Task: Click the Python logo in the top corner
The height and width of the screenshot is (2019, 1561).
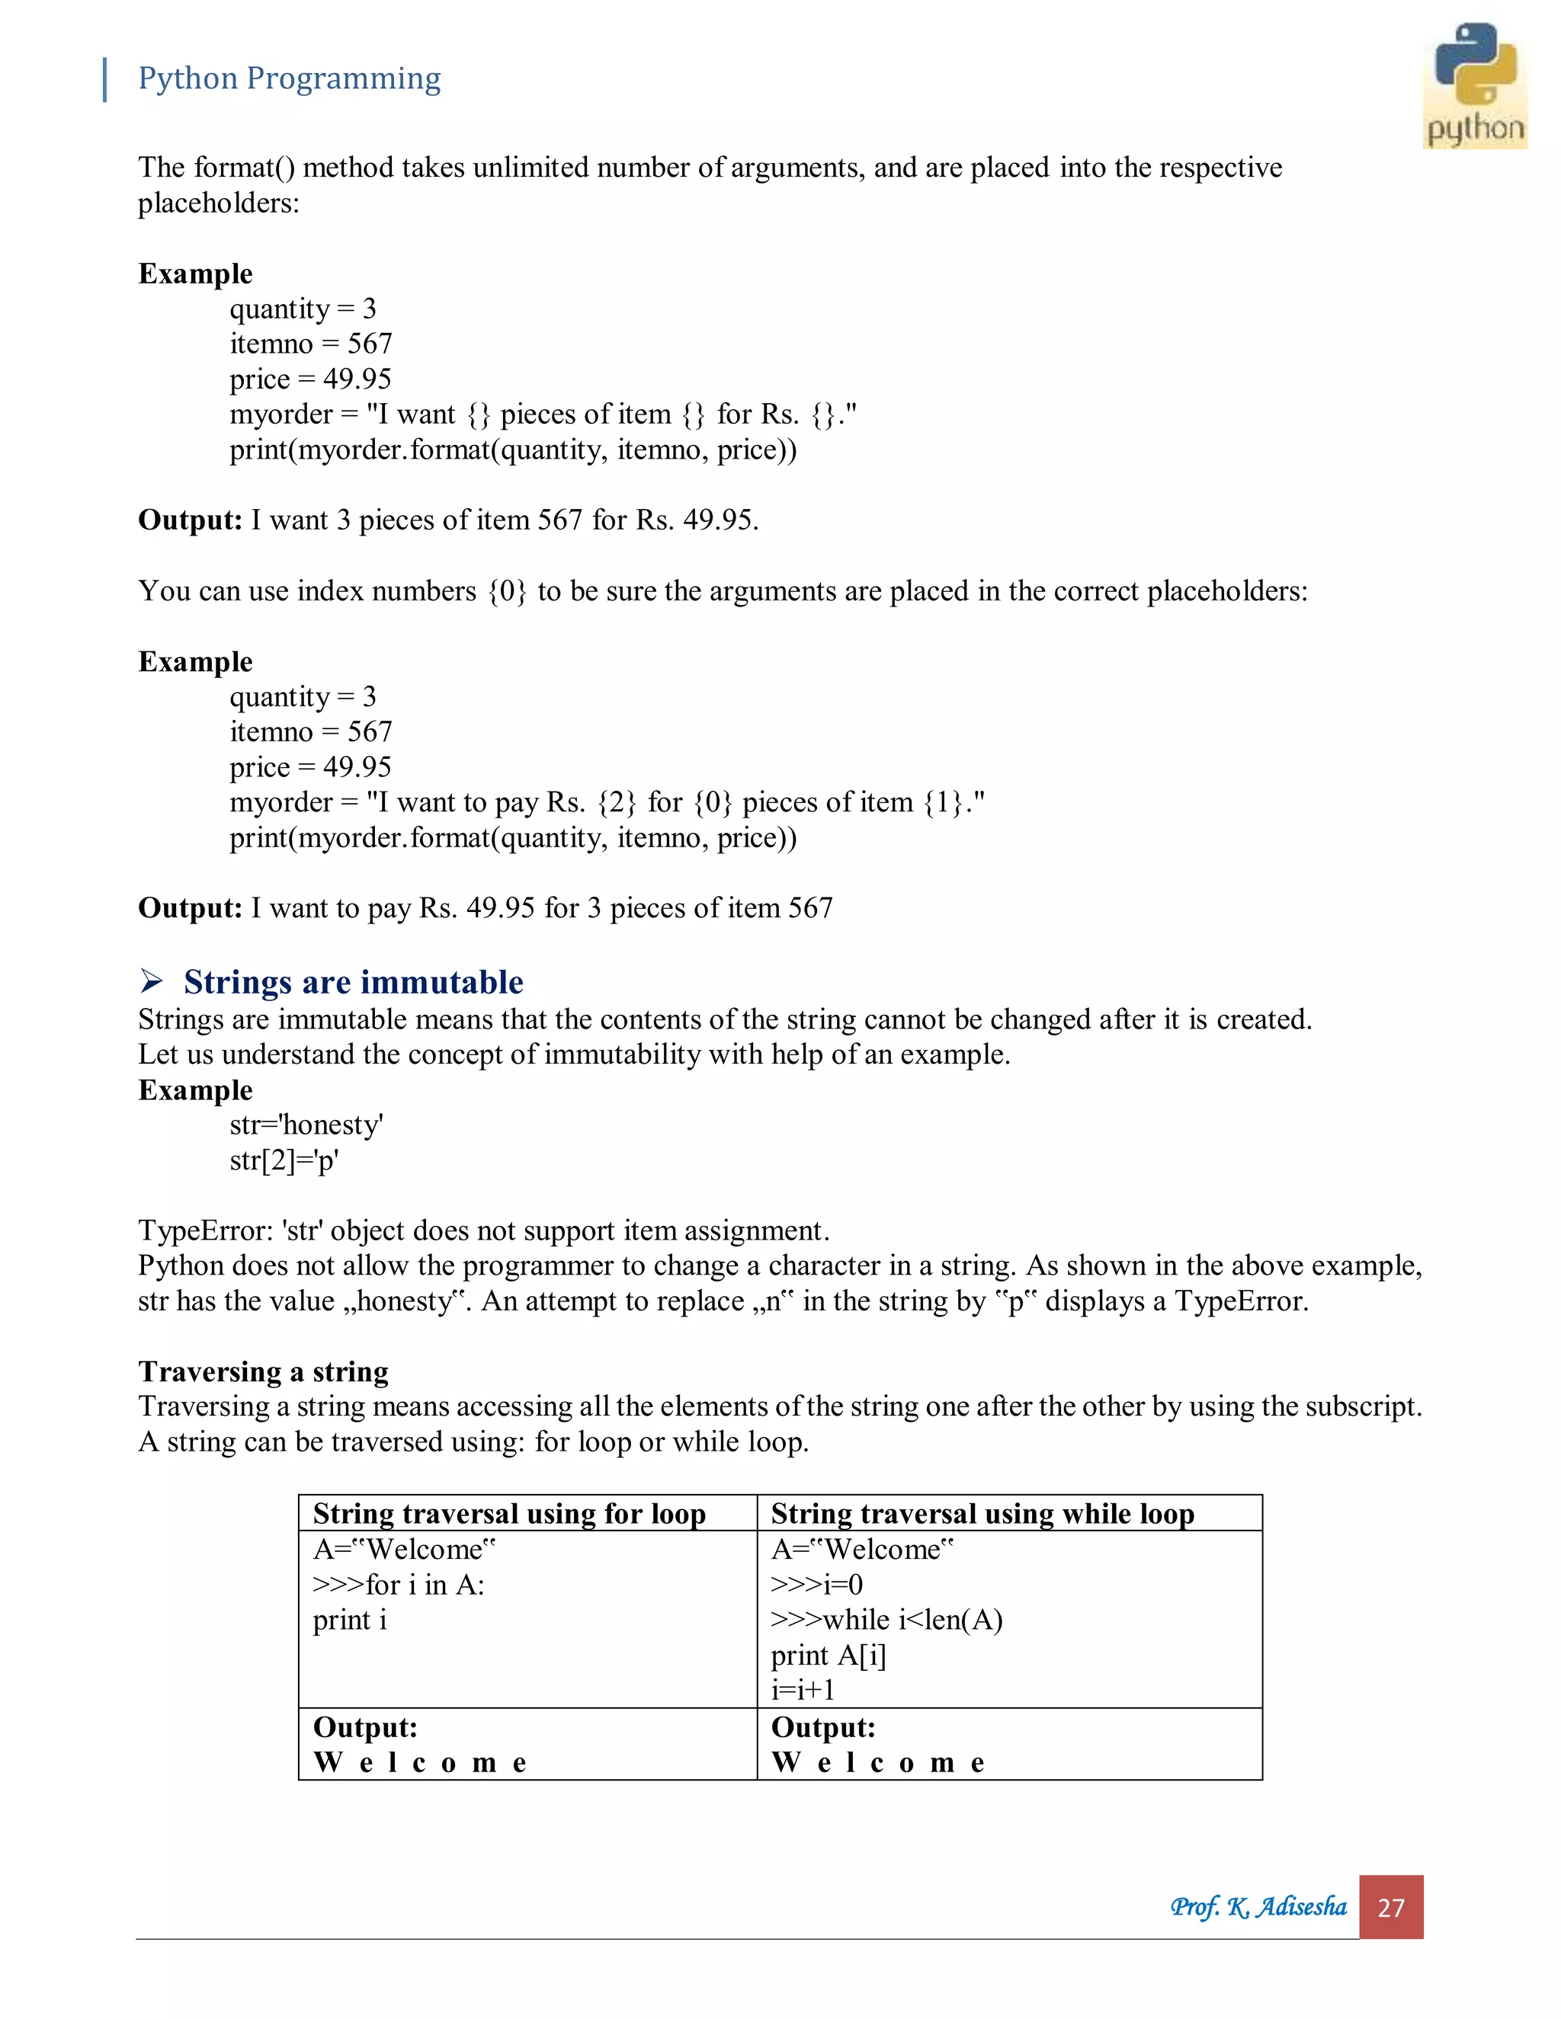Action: coord(1474,85)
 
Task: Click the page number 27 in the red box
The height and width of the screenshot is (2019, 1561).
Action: coord(1390,1907)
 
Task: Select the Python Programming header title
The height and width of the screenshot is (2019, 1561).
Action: coord(289,78)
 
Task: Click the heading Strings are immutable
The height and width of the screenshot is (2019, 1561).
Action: coord(352,982)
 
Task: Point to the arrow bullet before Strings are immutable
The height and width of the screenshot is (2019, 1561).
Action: coord(152,980)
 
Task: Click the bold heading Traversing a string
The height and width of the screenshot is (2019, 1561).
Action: coord(263,1371)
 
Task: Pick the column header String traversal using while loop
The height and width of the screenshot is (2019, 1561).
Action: coord(982,1513)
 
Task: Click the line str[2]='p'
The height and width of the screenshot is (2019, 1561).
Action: coord(284,1160)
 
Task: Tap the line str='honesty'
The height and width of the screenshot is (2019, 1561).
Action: coord(306,1125)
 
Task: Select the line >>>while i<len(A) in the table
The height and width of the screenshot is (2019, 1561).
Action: coord(886,1620)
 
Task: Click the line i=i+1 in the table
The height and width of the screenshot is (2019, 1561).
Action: coord(803,1690)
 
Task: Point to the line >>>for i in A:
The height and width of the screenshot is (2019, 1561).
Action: coord(398,1585)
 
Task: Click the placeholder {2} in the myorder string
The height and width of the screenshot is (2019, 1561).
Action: coord(617,802)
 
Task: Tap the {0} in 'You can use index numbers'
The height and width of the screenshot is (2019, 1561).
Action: coord(507,590)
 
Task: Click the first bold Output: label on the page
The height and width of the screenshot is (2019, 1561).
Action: coord(190,520)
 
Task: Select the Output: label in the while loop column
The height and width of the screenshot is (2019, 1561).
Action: coord(822,1727)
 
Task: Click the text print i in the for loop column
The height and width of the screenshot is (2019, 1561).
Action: coord(350,1620)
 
